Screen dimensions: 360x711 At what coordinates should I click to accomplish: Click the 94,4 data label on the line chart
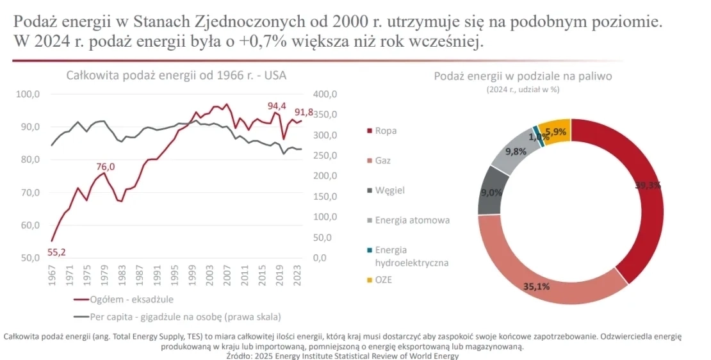pyautogui.click(x=277, y=106)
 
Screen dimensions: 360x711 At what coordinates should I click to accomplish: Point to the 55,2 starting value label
pyautogui.click(x=57, y=252)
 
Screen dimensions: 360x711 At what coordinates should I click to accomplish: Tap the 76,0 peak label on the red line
pyautogui.click(x=106, y=167)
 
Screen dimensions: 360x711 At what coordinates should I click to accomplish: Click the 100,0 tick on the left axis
pyautogui.click(x=28, y=94)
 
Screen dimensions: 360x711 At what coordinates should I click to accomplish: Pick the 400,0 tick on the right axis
pyautogui.click(x=325, y=94)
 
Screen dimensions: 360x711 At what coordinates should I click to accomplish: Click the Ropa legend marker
pyautogui.click(x=368, y=131)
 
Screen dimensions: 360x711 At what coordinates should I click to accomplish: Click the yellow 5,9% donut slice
pyautogui.click(x=555, y=132)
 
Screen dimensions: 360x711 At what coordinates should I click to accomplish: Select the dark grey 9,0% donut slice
pyautogui.click(x=493, y=191)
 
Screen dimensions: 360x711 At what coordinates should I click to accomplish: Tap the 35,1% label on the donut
pyautogui.click(x=536, y=286)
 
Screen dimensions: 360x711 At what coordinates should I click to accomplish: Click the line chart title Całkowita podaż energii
pyautogui.click(x=176, y=76)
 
